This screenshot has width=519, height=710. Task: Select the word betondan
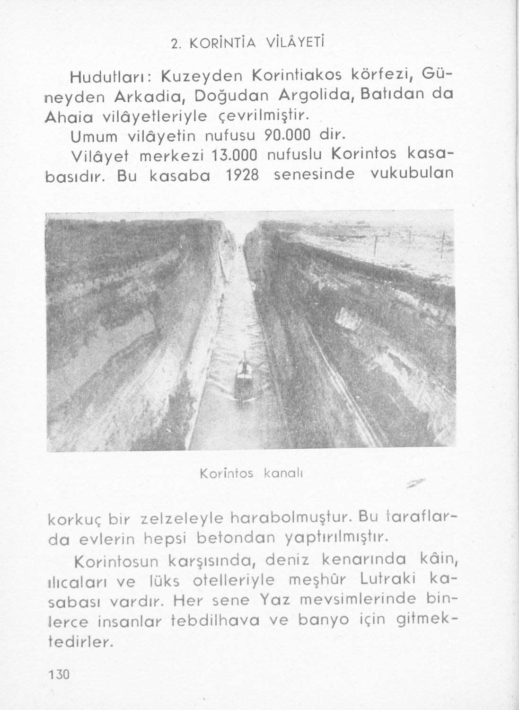coord(235,538)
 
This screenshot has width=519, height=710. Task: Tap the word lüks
coord(163,580)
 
